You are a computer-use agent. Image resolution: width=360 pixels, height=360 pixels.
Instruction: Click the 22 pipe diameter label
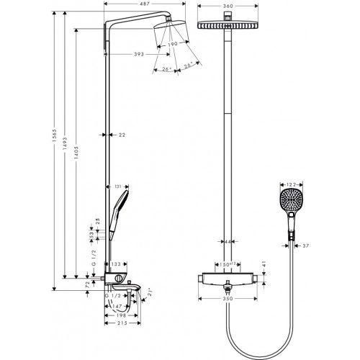click(x=122, y=135)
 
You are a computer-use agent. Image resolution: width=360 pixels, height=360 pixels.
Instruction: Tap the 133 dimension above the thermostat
click(x=115, y=266)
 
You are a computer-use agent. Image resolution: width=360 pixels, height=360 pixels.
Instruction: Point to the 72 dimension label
click(x=88, y=286)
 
